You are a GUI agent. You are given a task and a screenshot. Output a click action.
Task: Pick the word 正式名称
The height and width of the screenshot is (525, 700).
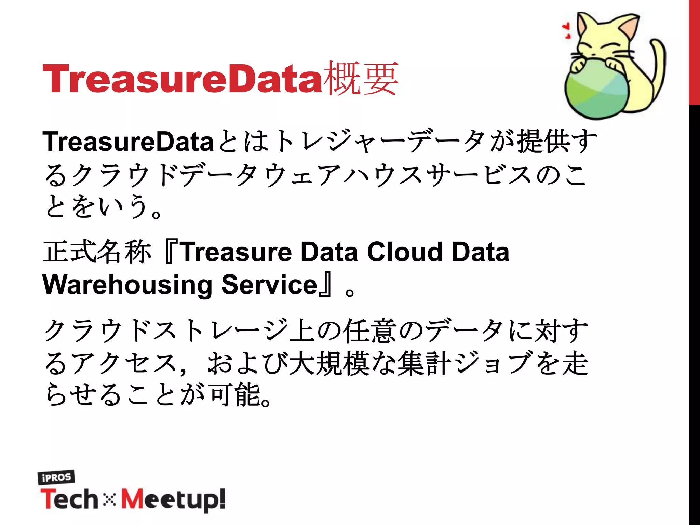tap(97, 252)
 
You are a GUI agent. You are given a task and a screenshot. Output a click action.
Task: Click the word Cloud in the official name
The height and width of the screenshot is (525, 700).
tap(405, 252)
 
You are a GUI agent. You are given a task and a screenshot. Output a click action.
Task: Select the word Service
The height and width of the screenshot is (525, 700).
tap(270, 285)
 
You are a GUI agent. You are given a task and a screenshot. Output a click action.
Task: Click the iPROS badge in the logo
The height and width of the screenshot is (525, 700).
tap(56, 477)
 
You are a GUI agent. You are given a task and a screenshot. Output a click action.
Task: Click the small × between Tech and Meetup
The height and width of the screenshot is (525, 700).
tap(109, 500)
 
